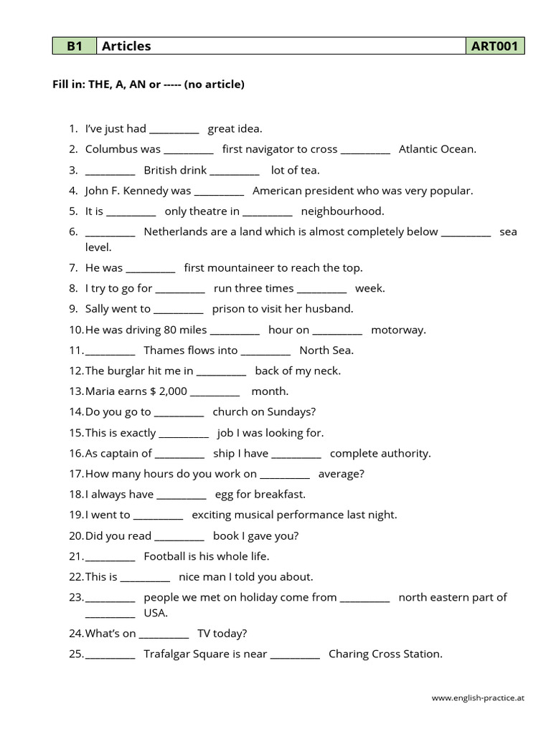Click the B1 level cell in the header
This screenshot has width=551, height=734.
coord(75,47)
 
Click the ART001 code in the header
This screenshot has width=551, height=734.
coord(494,47)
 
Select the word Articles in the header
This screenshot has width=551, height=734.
coord(126,47)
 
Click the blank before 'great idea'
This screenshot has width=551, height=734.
coord(174,130)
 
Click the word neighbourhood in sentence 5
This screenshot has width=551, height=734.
coord(342,211)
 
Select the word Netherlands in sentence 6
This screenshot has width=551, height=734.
coord(176,232)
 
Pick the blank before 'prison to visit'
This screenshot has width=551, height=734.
coord(179,310)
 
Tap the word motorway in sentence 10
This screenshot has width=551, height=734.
coord(398,330)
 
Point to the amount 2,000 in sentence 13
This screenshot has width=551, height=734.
coord(172,391)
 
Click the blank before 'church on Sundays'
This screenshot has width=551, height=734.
coord(179,413)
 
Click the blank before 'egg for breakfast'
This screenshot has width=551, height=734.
coord(182,495)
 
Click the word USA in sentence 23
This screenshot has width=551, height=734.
coord(156,613)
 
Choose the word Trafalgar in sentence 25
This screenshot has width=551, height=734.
coord(167,654)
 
